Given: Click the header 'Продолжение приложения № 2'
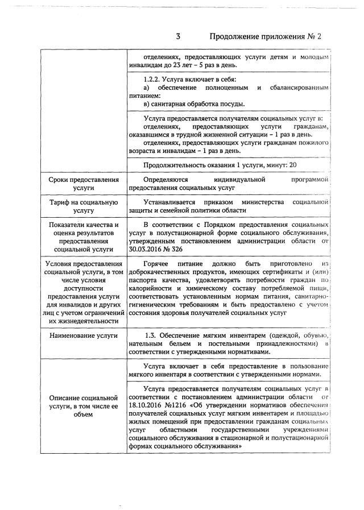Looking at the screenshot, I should [266, 37].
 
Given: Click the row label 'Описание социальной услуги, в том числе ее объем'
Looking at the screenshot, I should [84, 405].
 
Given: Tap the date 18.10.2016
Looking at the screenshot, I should [149, 405].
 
